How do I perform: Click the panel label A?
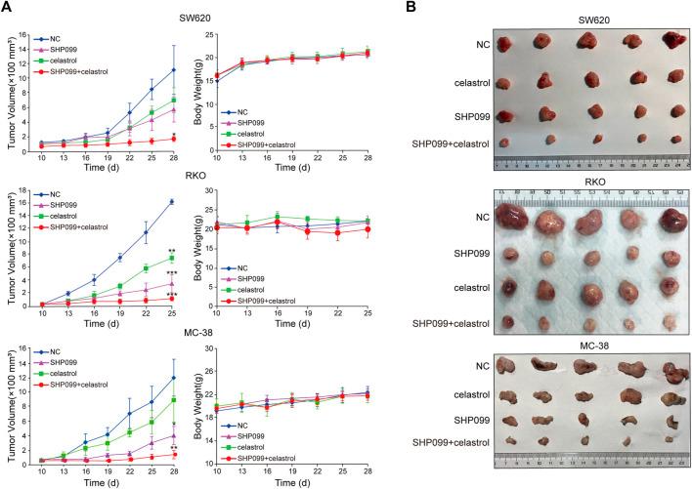click(x=8, y=8)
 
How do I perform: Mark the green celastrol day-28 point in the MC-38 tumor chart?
click(x=173, y=399)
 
